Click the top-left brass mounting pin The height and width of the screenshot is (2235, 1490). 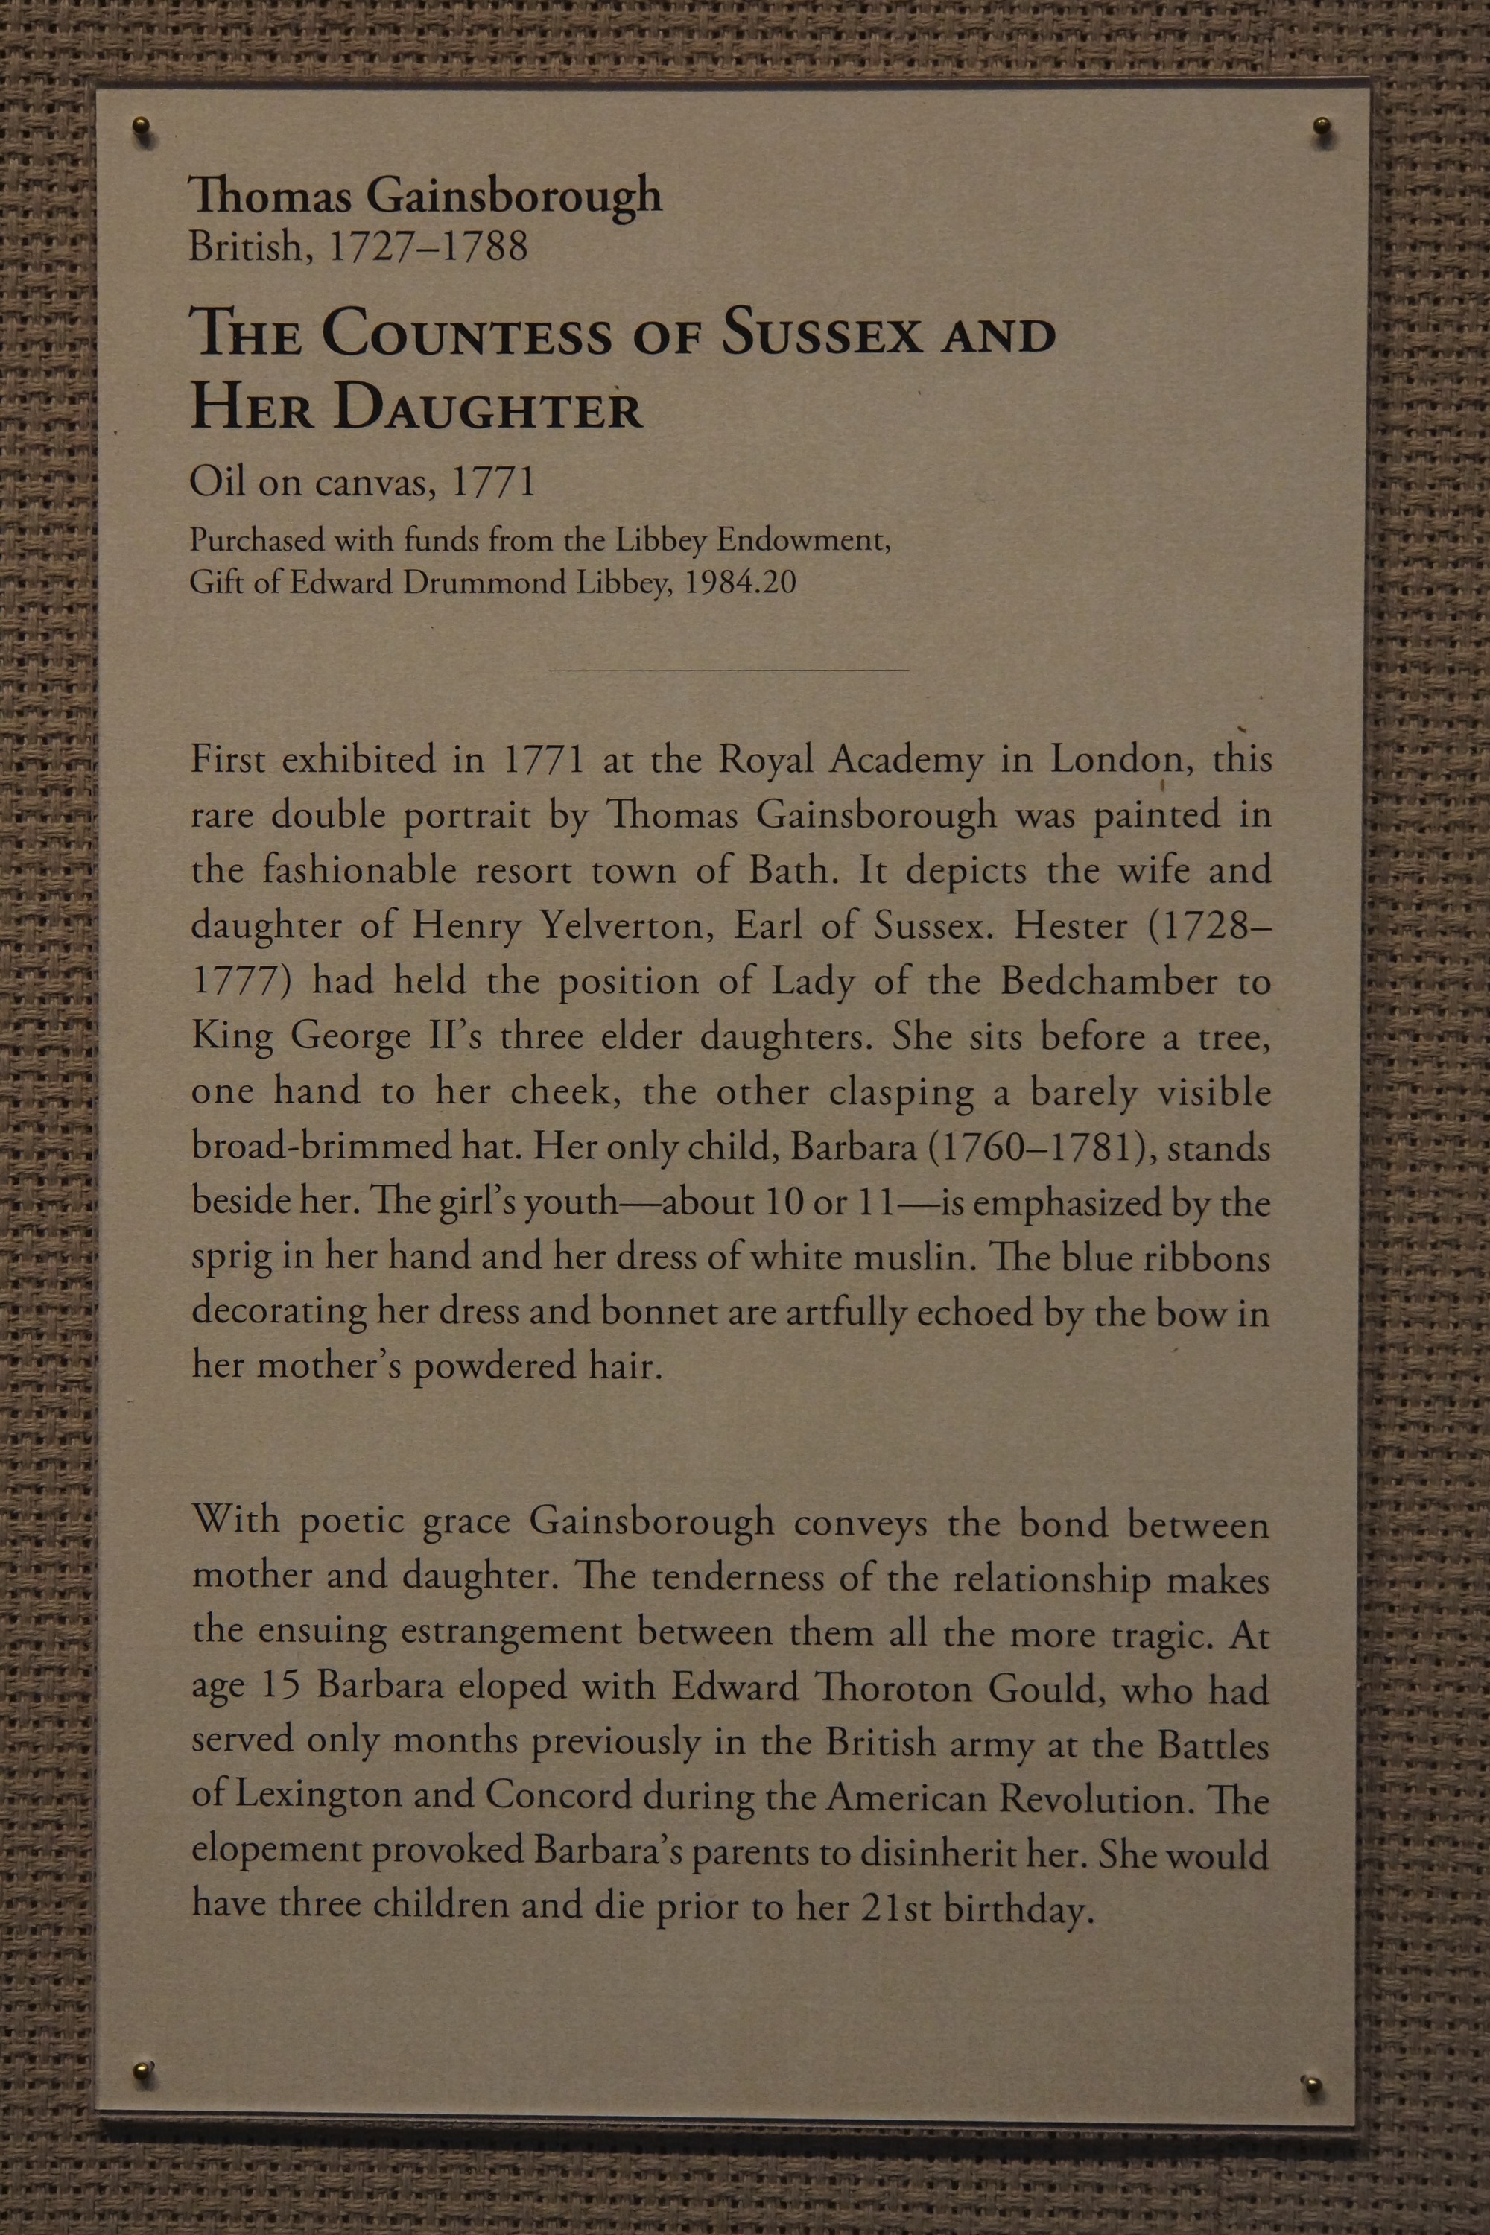[142, 129]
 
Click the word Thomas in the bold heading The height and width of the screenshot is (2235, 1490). [272, 197]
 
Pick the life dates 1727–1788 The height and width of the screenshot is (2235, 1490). [427, 247]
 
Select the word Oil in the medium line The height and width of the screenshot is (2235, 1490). [218, 482]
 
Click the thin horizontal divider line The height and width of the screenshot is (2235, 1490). [728, 670]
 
